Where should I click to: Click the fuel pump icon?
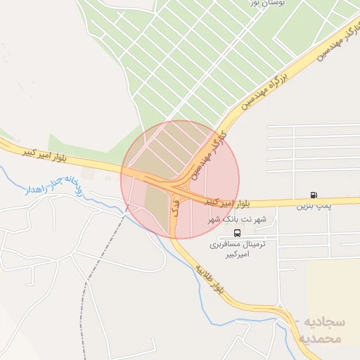tap(313, 195)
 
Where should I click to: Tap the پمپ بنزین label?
tap(313, 207)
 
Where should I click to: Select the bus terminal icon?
tap(236, 233)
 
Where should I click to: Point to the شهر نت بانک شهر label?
tap(236, 220)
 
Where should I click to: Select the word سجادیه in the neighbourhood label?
tap(326, 321)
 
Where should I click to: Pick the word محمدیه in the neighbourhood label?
tap(321, 338)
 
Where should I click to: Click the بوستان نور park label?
tap(262, 4)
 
